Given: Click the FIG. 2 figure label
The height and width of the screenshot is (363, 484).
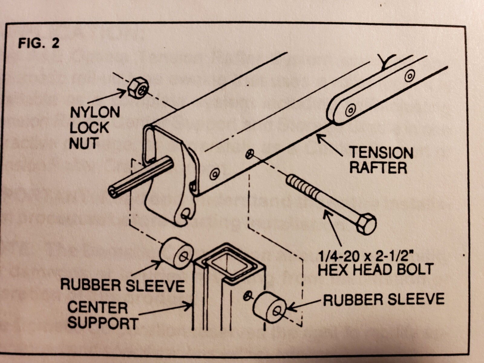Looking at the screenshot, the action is [39, 43].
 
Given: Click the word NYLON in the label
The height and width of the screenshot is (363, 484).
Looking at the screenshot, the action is [95, 113].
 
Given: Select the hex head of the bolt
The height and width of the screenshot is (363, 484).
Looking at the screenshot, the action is [366, 224].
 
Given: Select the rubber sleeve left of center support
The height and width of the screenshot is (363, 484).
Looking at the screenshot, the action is [176, 253].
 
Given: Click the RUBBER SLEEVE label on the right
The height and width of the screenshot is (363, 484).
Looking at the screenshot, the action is [384, 299].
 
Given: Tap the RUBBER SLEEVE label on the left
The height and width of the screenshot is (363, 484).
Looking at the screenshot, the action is [123, 285].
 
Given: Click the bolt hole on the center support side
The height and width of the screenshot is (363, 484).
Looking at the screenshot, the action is [247, 296].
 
